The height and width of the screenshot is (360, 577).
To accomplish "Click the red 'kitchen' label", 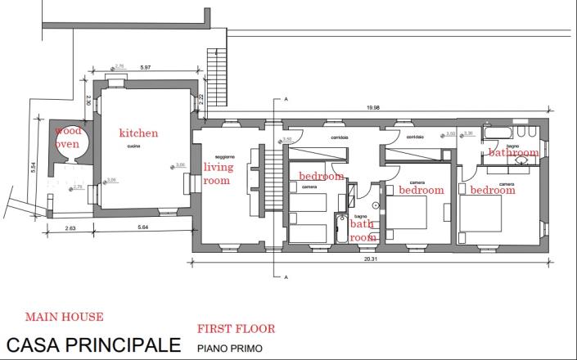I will point(138,133).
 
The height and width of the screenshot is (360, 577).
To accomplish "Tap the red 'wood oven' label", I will point(68,137).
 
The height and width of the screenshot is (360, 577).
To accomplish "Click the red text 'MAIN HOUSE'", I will point(64,316).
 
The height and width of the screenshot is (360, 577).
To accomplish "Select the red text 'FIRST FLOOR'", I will point(236,329).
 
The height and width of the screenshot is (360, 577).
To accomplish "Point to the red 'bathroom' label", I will point(514,152).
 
